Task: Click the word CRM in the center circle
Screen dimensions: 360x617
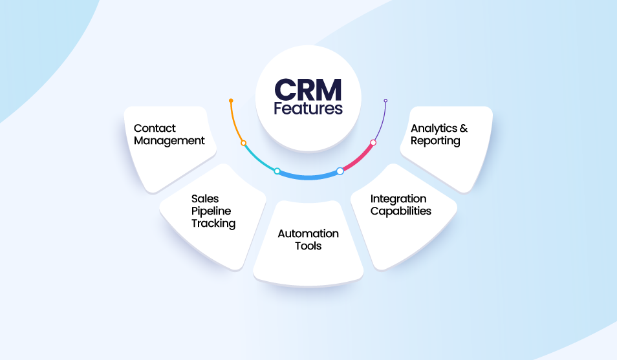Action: [308, 90]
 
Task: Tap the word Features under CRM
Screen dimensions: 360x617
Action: [308, 108]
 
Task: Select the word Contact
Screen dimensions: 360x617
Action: [155, 128]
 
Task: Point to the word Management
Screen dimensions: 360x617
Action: [169, 140]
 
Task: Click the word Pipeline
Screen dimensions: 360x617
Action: [211, 211]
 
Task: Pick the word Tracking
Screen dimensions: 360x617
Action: [213, 223]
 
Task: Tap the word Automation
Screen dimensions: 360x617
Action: [308, 233]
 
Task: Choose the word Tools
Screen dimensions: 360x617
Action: [308, 246]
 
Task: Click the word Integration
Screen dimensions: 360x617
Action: [398, 198]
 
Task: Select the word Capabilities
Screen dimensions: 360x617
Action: [401, 211]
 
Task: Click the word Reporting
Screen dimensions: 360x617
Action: [435, 140]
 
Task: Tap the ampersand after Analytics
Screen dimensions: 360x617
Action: [463, 128]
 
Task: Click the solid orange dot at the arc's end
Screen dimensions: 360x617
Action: [231, 101]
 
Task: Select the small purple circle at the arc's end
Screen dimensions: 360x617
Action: [385, 101]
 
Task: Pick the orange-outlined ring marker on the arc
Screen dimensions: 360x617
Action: [243, 143]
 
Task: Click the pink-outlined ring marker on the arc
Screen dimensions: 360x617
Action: [373, 142]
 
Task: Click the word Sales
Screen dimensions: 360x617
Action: [204, 198]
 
